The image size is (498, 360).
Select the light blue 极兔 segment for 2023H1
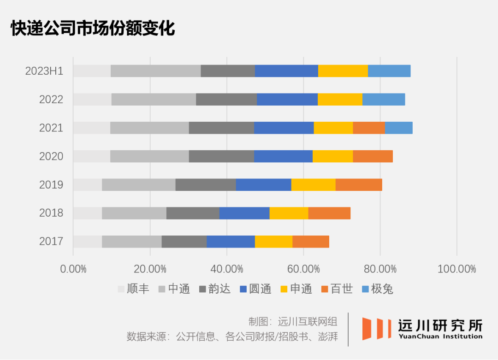point(389,71)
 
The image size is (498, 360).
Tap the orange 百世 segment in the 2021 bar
point(368,128)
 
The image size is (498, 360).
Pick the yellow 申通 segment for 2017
point(273,242)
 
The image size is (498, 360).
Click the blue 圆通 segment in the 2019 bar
point(263,184)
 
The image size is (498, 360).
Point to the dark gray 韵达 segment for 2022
point(226,100)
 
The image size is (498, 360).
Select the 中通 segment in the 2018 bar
point(134,213)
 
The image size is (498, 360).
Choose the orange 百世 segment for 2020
point(373,156)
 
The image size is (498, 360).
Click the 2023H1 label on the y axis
point(44,71)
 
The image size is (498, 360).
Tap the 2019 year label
point(51,184)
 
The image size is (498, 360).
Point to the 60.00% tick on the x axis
point(303,269)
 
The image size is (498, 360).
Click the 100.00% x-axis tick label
point(456,269)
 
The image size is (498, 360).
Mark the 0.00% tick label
point(73,269)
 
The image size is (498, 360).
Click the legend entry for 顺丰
point(133,289)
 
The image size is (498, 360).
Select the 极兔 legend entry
point(377,289)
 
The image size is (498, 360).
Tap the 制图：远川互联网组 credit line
point(293,321)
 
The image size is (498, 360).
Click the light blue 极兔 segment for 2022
point(383,100)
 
